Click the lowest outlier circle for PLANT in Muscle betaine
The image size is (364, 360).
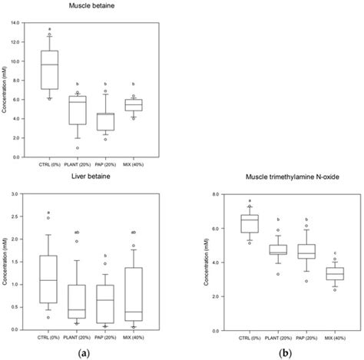tap(77, 148)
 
